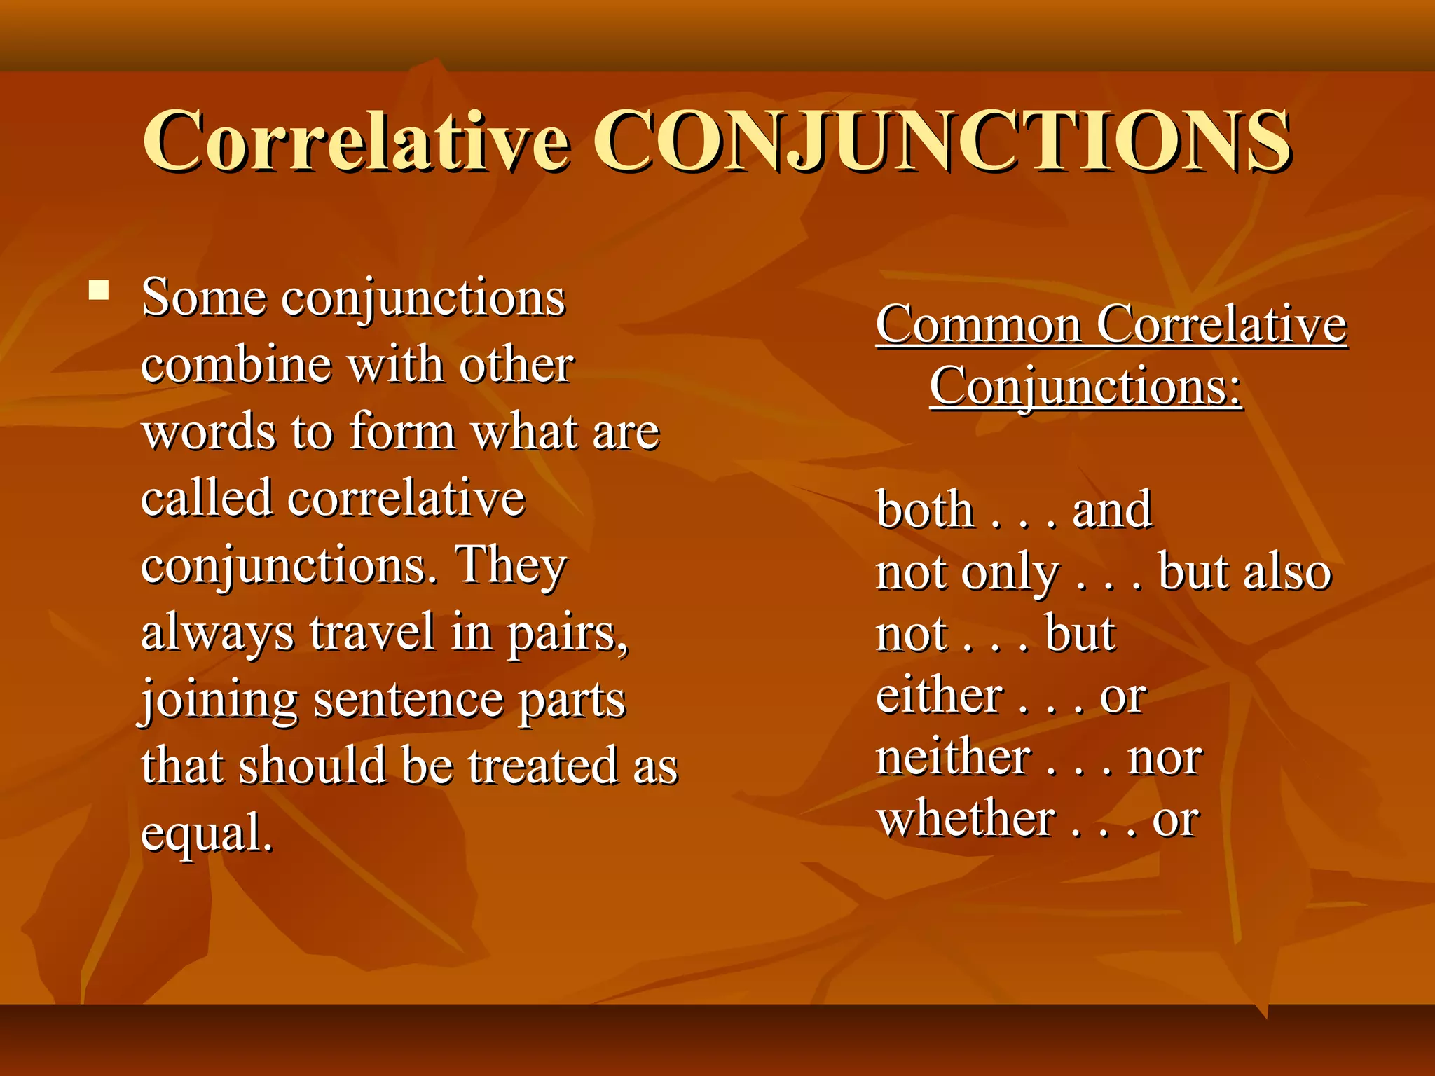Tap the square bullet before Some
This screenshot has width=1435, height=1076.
(99, 290)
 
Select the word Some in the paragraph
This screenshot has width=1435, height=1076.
(204, 298)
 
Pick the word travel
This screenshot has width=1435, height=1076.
(372, 632)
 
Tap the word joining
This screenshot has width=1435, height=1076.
(219, 700)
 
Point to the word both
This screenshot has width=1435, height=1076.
(925, 509)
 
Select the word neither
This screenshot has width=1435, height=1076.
(954, 757)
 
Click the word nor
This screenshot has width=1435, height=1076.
(1165, 759)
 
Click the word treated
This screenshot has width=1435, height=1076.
(543, 765)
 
